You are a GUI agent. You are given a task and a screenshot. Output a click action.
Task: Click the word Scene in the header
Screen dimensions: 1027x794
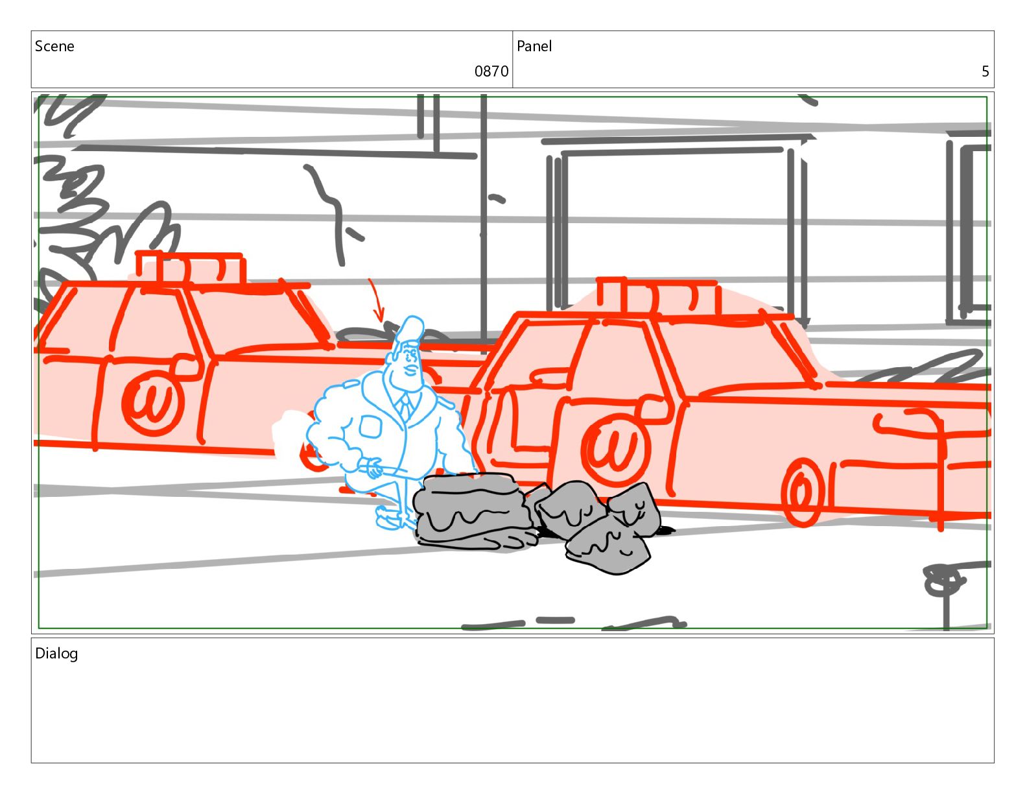[x=54, y=46]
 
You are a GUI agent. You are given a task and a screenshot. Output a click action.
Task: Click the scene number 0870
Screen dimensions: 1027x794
[x=491, y=71]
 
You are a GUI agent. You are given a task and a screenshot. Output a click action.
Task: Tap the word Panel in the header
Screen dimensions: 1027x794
[x=534, y=46]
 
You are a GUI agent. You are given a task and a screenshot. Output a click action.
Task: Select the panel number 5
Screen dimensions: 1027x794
[x=985, y=71]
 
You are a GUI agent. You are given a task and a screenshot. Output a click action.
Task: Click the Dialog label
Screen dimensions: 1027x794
[x=56, y=653]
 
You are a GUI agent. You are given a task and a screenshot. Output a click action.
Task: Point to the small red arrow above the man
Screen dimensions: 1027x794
[x=377, y=299]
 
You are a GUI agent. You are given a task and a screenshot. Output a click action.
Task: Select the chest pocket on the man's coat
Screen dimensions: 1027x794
[x=370, y=427]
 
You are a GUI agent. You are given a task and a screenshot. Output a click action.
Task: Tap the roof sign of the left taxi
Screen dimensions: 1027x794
[x=190, y=268]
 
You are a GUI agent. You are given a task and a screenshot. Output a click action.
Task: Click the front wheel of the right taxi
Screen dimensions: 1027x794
[x=802, y=492]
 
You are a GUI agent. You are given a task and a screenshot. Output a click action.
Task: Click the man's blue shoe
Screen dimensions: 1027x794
[x=393, y=518]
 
